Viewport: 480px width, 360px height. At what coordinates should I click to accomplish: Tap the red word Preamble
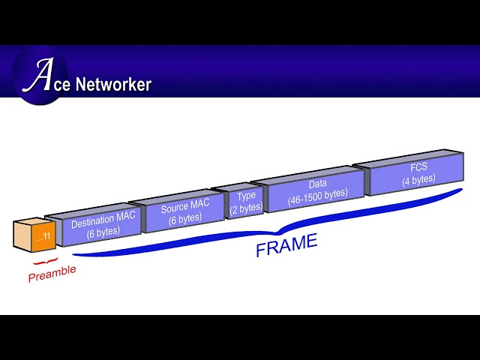pos(52,273)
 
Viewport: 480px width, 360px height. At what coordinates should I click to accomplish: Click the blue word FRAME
pos(286,245)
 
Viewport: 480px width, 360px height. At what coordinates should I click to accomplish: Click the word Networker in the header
pos(113,84)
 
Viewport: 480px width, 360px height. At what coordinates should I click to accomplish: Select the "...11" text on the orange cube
pos(42,237)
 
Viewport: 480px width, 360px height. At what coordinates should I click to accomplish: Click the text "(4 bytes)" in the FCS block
pos(418,180)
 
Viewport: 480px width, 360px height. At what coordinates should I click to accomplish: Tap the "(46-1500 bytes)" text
pos(317,193)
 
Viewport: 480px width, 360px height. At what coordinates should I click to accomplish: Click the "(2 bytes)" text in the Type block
pos(245,207)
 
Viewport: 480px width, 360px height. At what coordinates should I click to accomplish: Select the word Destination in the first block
pos(89,222)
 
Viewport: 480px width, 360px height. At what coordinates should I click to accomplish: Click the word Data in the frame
pos(317,183)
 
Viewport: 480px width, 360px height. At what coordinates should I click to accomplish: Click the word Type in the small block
pos(246,196)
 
